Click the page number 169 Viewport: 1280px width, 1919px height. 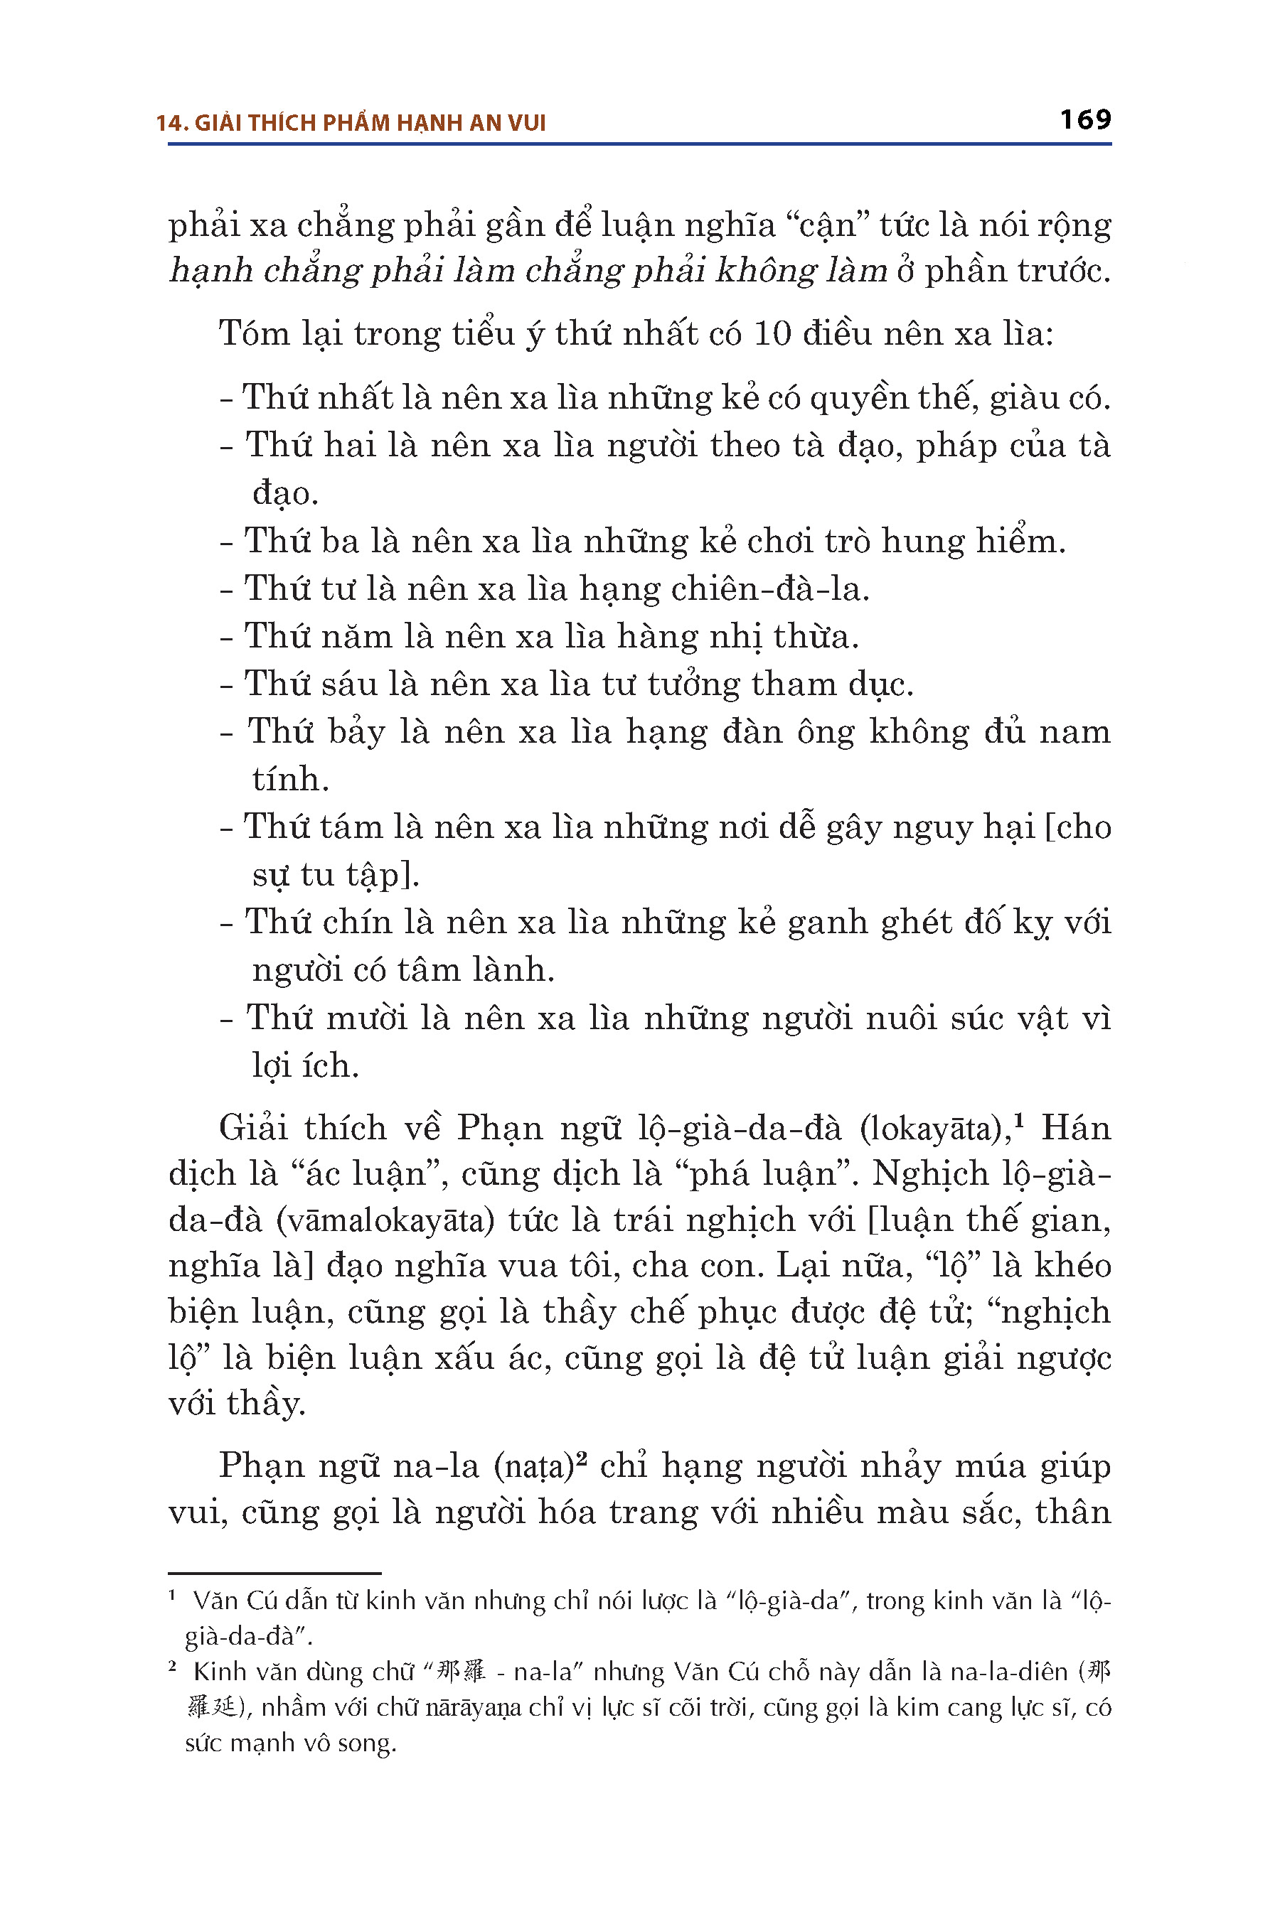[x=1085, y=120]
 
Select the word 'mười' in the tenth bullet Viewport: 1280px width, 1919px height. [x=366, y=1018]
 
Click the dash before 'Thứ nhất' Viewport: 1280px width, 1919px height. [x=227, y=399]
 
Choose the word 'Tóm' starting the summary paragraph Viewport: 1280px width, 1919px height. [x=254, y=334]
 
